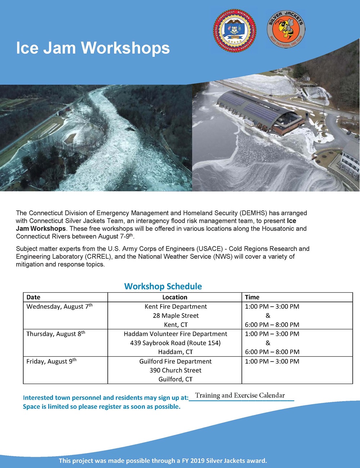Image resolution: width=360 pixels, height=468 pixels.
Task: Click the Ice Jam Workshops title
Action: (x=93, y=48)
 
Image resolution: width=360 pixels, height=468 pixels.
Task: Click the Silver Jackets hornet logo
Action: (x=286, y=30)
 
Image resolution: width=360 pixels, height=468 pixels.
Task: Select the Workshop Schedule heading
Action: (x=163, y=286)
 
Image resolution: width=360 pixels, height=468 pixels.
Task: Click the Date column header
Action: (x=33, y=297)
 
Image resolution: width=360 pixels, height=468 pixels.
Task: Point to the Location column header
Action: (x=175, y=297)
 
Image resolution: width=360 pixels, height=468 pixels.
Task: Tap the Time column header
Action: (x=252, y=297)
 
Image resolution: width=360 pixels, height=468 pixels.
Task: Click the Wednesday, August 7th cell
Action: (x=59, y=306)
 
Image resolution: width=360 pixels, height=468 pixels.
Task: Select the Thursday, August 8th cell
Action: (x=56, y=334)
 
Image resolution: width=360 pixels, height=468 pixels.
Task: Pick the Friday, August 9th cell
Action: (x=51, y=361)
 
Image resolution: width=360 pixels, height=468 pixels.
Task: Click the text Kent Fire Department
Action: (x=176, y=306)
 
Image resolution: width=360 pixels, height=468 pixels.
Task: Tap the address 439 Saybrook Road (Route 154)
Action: (x=175, y=343)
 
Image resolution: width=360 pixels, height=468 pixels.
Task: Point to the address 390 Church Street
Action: (x=175, y=370)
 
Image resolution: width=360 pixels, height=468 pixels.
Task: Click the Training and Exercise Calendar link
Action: (x=240, y=395)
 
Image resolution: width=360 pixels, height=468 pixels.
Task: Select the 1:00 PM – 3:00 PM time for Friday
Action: (x=272, y=361)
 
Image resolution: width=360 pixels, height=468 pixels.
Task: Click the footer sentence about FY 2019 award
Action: (x=163, y=460)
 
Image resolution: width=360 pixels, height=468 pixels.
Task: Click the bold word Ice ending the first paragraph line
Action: (x=292, y=221)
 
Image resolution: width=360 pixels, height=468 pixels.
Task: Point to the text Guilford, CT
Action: (x=175, y=379)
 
